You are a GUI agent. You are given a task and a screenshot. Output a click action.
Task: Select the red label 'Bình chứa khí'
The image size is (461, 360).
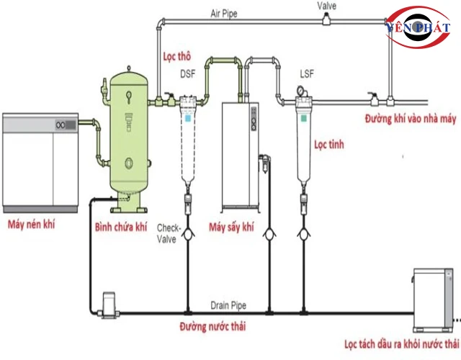pos(120,227)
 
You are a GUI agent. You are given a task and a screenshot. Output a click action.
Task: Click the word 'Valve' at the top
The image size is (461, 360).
pos(327,5)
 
